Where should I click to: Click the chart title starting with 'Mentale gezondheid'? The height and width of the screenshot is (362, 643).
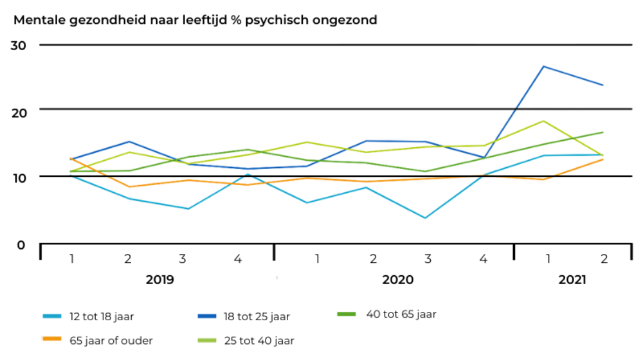[195, 20]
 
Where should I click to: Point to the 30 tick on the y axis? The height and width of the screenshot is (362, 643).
[19, 45]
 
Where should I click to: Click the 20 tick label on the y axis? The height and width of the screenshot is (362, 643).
[19, 113]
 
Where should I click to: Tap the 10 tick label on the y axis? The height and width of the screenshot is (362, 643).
[19, 177]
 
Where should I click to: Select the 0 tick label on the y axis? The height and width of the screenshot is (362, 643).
[21, 244]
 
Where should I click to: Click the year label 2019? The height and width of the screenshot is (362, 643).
[159, 280]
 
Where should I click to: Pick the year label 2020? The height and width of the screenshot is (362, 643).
[397, 280]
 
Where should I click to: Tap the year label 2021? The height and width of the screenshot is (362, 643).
[572, 280]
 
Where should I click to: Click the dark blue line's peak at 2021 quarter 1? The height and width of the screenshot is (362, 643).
[544, 66]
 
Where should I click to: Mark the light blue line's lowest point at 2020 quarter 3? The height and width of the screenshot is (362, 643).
[425, 218]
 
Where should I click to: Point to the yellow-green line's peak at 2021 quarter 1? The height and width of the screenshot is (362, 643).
[544, 121]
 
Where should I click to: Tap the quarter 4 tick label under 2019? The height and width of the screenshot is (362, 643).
[238, 258]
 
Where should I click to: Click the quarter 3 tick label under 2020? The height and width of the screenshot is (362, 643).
[427, 258]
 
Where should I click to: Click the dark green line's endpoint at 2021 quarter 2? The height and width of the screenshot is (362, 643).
[602, 132]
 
